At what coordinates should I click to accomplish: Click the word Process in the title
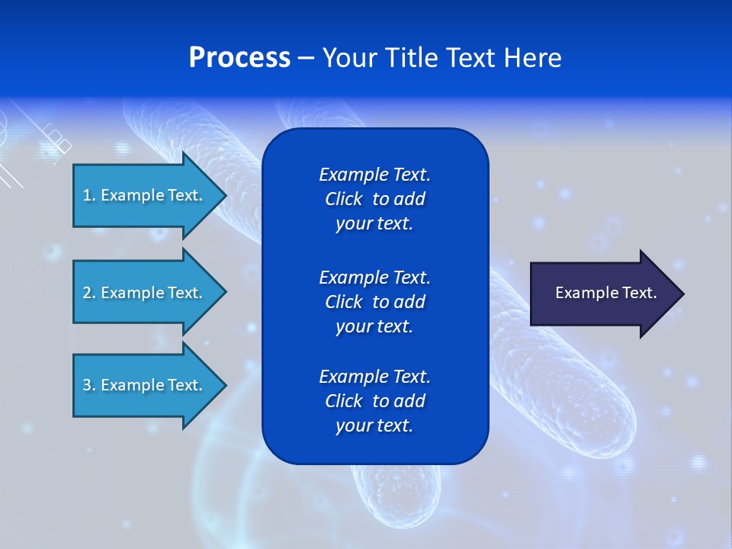click(x=239, y=58)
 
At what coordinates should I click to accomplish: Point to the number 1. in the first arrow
click(x=89, y=195)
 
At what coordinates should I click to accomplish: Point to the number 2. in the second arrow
click(x=89, y=293)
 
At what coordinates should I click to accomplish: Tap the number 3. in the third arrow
click(x=89, y=385)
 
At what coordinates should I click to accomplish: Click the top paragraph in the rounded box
click(x=374, y=199)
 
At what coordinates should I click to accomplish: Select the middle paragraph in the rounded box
click(x=374, y=302)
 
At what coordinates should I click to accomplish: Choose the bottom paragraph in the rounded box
click(x=374, y=401)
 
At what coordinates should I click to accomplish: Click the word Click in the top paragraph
click(x=343, y=199)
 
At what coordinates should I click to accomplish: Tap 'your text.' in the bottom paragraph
click(x=374, y=425)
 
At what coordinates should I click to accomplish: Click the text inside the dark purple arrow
click(x=605, y=293)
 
